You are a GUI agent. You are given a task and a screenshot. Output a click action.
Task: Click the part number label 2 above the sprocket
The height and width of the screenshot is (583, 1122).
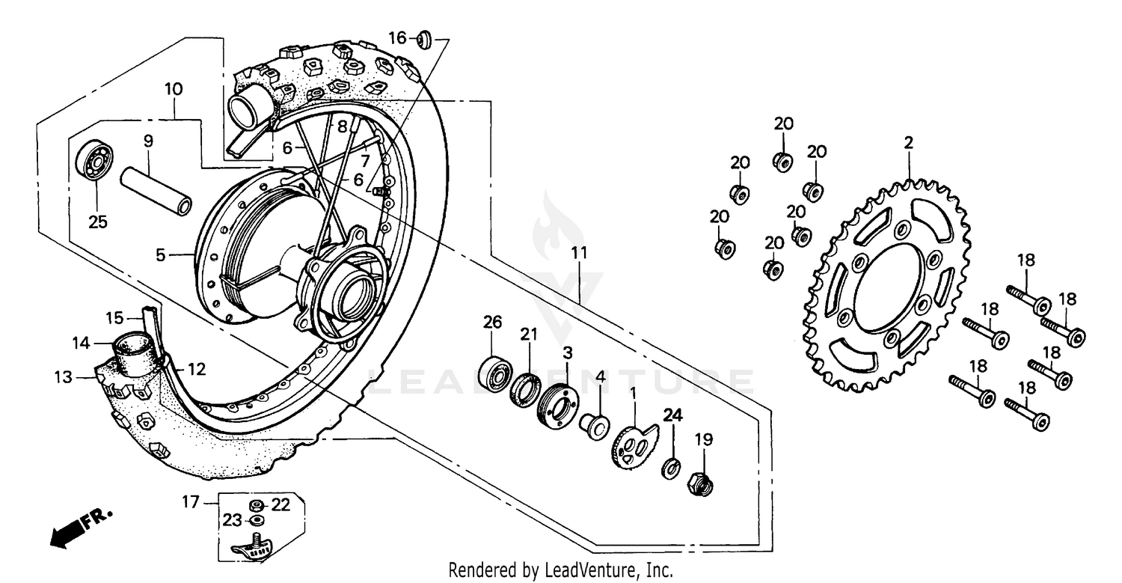click(x=908, y=142)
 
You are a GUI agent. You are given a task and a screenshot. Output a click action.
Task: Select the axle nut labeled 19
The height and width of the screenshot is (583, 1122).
click(x=700, y=484)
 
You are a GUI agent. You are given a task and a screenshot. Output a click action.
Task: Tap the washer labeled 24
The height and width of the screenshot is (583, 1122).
click(x=671, y=469)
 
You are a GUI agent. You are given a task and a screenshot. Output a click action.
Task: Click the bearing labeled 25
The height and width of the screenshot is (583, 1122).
click(x=93, y=161)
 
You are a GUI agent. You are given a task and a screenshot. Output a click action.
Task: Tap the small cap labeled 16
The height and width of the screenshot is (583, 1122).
click(x=423, y=38)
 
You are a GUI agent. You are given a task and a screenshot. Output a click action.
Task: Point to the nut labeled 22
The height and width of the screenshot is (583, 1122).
click(x=256, y=505)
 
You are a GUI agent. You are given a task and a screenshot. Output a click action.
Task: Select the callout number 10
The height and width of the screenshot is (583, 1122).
click(x=173, y=89)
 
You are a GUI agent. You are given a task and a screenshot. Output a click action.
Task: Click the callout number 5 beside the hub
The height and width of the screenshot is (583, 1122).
click(x=160, y=255)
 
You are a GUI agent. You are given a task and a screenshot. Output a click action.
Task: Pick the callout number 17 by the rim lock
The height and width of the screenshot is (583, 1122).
click(x=191, y=502)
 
